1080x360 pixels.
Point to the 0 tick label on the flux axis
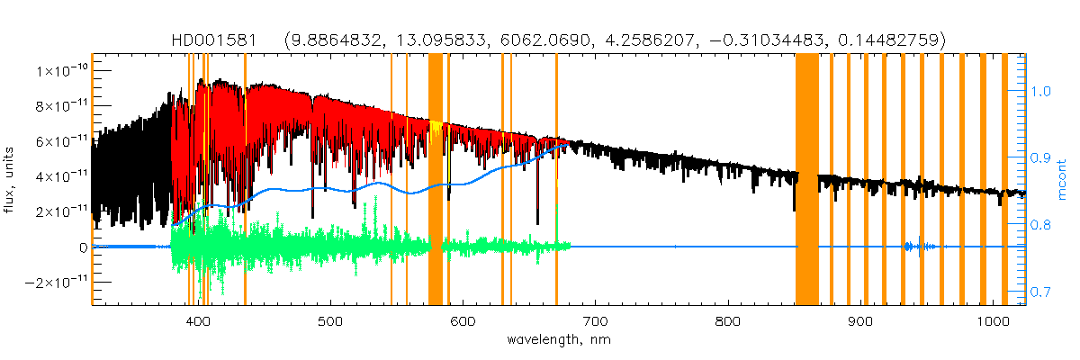pyautogui.click(x=82, y=247)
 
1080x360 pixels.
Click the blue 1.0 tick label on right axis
pyautogui.click(x=1040, y=91)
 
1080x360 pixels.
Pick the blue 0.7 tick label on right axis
pyautogui.click(x=1040, y=292)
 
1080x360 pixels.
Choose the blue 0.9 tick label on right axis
pyautogui.click(x=1040, y=157)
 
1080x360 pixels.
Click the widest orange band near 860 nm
pyautogui.click(x=806, y=180)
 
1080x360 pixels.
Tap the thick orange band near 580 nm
pyautogui.click(x=435, y=180)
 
